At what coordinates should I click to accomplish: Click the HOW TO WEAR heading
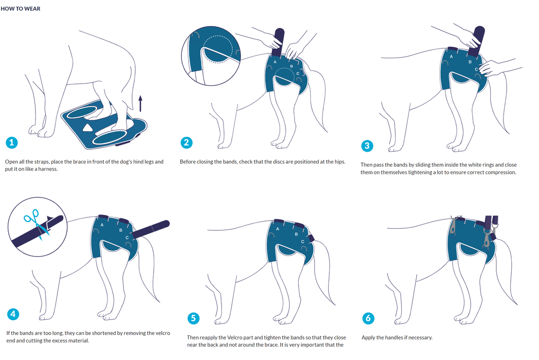pos(20,9)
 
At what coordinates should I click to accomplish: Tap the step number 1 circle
pos(12,142)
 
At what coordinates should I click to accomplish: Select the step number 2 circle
pos(187,142)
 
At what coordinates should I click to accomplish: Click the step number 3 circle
pos(367,146)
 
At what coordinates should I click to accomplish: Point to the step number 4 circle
pos(13,314)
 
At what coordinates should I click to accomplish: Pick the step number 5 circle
pos(193,318)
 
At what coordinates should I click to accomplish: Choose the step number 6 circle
pos(368,318)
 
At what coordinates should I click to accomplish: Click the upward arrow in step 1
pos(140,103)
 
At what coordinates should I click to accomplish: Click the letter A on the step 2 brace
pos(275,62)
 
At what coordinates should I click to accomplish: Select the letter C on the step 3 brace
pos(476,69)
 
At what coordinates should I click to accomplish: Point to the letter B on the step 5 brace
pos(296,235)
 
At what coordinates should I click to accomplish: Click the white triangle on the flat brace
pos(87,128)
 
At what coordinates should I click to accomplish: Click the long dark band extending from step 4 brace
pos(151,229)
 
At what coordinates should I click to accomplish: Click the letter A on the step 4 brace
pos(102,225)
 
